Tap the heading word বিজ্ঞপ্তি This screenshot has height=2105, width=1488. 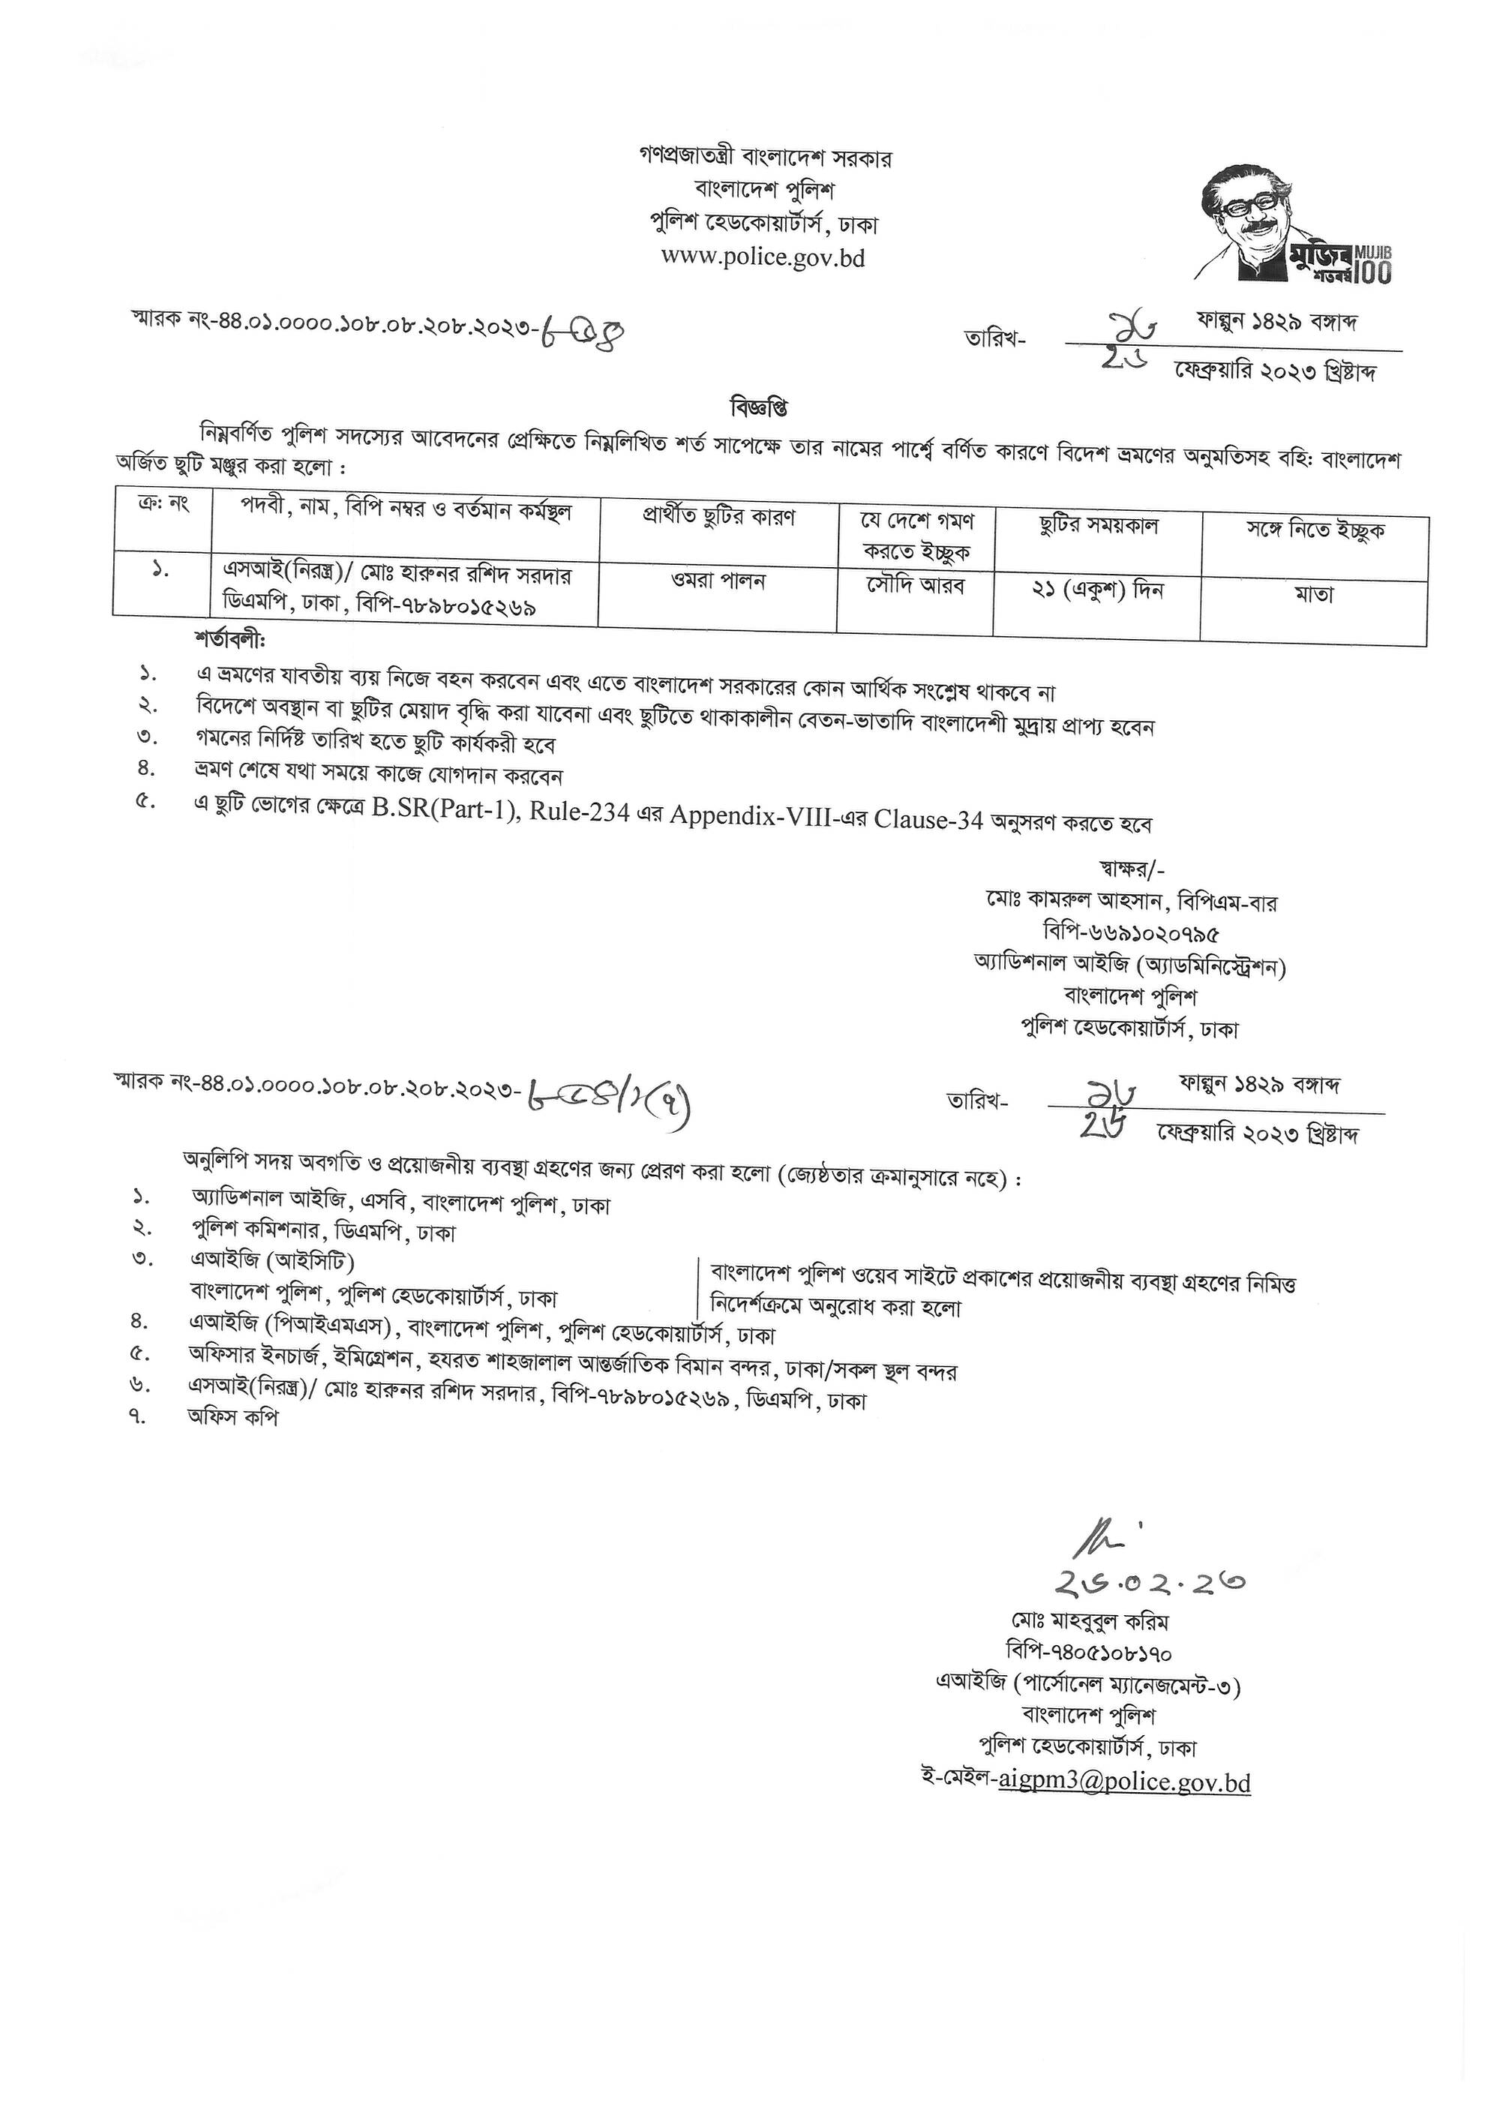tap(760, 406)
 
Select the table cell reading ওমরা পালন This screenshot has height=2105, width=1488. tap(718, 581)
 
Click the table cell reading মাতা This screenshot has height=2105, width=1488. tap(1314, 595)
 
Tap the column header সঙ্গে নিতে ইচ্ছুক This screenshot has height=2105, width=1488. tap(1314, 530)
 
